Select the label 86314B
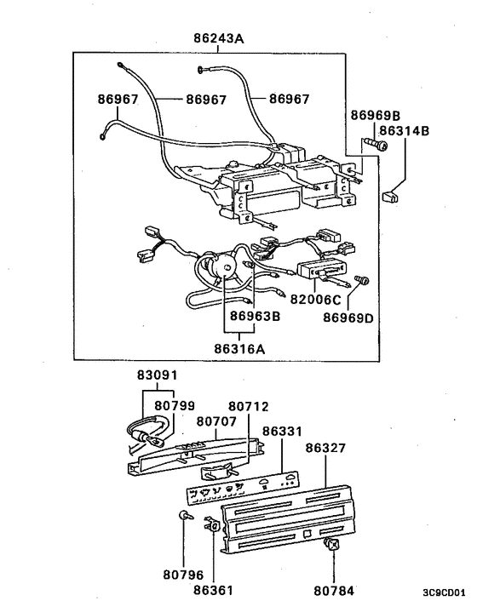tap(405, 131)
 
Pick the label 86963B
tap(253, 315)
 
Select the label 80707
tap(216, 420)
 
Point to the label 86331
tap(282, 432)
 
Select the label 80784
tap(334, 588)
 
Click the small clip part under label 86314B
tap(391, 197)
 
